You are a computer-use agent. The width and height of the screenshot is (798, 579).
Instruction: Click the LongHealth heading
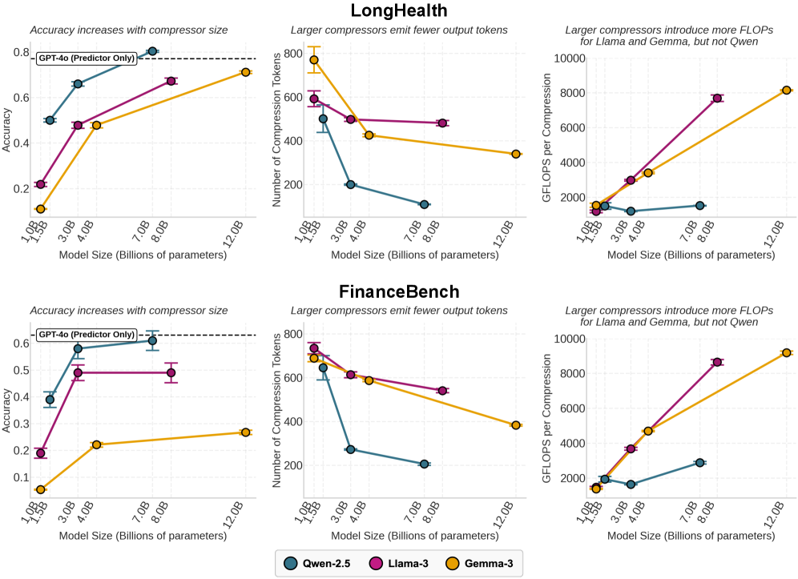[x=398, y=11]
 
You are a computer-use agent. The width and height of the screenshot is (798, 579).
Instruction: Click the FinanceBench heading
[x=398, y=292]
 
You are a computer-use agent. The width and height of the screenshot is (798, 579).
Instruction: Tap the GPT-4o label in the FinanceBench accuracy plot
[x=86, y=335]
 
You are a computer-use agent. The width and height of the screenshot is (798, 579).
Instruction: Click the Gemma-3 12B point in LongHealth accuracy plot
[x=246, y=72]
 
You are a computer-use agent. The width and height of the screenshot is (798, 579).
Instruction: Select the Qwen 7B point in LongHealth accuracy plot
[x=152, y=51]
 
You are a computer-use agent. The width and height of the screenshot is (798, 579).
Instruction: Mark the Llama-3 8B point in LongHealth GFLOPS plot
[x=718, y=98]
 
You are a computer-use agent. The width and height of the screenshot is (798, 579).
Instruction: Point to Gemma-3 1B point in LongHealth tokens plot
[x=314, y=59]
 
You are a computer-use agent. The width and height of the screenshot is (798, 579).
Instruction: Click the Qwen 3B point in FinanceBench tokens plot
[x=350, y=449]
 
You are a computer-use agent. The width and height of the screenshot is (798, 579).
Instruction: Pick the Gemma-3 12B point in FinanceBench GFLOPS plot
[x=787, y=352]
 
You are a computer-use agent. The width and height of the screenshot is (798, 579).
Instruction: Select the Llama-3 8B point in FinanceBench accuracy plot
[x=171, y=372]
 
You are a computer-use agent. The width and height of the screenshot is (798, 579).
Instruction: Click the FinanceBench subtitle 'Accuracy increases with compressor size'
[x=129, y=311]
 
